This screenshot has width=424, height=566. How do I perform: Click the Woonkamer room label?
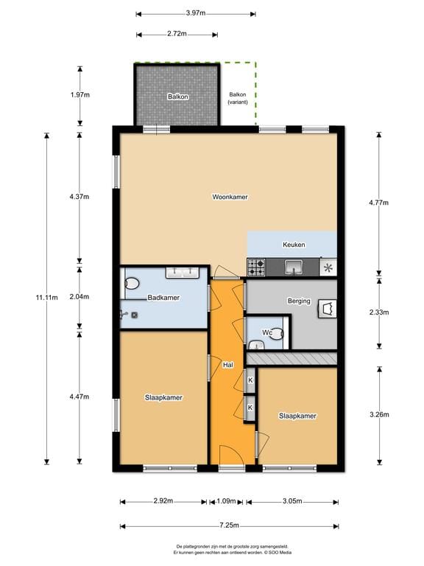point(229,197)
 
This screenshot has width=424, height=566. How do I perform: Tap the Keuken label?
point(294,245)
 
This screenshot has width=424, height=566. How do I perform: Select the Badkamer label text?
point(163,298)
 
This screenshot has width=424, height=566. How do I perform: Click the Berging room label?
point(298,301)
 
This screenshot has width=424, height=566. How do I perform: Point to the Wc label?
point(268,333)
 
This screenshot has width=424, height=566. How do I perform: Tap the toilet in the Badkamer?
point(132,282)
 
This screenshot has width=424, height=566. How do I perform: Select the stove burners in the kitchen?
point(256,266)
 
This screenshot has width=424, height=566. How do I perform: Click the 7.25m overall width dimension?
point(230,525)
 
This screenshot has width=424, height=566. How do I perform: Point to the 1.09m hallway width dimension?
point(226,501)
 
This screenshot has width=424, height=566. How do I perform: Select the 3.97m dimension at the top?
point(196,13)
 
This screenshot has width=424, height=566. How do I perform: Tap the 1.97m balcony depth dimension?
point(79,95)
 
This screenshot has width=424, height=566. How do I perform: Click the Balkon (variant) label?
point(238,99)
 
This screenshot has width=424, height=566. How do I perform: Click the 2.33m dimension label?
point(379,312)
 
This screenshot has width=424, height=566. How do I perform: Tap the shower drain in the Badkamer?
point(135,314)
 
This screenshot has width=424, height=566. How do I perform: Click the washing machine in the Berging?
point(326,308)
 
